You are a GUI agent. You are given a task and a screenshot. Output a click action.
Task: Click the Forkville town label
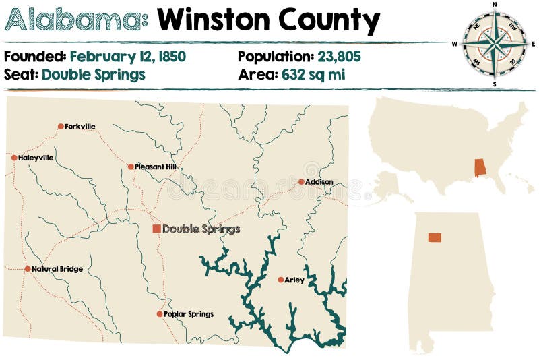pos(80,126)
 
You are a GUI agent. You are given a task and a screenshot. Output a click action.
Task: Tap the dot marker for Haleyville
pos(14,158)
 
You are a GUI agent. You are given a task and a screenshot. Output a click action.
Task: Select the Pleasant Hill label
pos(156,167)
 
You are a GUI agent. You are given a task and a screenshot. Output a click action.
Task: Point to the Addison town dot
pos(301,181)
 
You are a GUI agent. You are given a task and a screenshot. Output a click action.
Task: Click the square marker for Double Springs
pos(156,229)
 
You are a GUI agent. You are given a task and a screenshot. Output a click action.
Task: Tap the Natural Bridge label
pos(57,269)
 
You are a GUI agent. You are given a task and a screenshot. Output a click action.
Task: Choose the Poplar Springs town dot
pos(160,313)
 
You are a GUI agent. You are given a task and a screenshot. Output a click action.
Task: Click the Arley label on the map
pos(294,280)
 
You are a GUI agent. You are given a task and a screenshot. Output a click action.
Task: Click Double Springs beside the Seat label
pos(93,74)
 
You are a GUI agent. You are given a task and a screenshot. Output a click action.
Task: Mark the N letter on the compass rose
pos(495,4)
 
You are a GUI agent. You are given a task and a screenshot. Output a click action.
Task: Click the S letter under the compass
pos(495,84)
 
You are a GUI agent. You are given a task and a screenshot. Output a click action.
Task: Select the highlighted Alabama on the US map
pos(480,167)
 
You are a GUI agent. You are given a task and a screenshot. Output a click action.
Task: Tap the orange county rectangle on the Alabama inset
pos(434,237)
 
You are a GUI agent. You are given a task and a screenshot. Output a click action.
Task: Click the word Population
pos(274,56)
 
